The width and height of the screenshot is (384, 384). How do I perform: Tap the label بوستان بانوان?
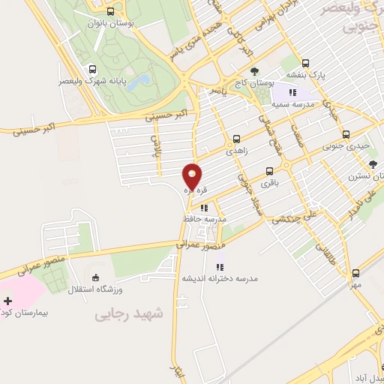tap(111, 23)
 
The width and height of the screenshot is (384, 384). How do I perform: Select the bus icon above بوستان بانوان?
tap(111, 11)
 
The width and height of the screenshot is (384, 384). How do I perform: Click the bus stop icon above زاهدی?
tap(237, 138)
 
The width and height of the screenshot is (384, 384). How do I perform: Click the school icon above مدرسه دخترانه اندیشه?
tap(220, 266)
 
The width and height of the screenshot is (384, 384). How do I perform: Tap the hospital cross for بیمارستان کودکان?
tap(7, 301)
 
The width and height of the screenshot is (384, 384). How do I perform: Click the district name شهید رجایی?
tap(129, 315)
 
